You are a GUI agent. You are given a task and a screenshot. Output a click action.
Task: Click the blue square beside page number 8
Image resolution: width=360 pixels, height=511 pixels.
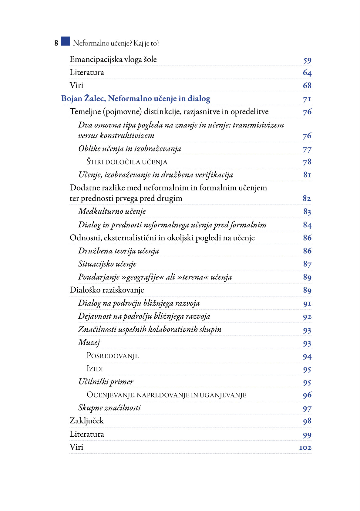click(65, 41)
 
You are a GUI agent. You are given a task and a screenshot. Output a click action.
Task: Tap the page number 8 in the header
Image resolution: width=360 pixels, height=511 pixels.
click(56, 43)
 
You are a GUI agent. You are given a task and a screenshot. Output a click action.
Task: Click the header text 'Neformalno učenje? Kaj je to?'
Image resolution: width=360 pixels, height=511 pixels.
click(116, 43)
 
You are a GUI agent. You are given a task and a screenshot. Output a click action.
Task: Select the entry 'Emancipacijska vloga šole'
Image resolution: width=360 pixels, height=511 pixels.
click(113, 59)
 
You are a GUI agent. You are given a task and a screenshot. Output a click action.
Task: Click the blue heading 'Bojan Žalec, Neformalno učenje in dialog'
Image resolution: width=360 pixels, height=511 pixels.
click(136, 99)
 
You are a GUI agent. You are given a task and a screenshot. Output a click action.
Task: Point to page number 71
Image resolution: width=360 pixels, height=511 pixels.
click(307, 99)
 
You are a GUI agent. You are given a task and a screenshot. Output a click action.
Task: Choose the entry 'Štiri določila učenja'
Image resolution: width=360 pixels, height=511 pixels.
click(127, 162)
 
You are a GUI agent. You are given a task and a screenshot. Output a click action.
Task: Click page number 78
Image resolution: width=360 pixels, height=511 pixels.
click(307, 162)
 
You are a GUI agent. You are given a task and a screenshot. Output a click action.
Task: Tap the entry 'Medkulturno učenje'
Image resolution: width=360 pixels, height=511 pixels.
click(112, 211)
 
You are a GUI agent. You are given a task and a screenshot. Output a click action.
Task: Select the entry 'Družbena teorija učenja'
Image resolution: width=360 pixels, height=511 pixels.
click(118, 251)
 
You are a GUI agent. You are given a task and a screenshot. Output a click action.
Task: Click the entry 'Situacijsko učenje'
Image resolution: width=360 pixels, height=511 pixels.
click(107, 264)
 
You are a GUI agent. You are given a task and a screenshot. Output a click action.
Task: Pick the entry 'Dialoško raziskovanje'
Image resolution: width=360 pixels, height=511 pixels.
click(107, 290)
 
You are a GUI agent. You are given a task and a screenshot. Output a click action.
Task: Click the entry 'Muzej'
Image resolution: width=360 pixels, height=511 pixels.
click(89, 343)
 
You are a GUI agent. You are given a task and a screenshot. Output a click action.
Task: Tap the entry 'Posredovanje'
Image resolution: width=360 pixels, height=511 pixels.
click(113, 356)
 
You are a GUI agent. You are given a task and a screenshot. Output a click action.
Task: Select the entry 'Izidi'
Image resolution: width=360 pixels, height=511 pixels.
click(95, 369)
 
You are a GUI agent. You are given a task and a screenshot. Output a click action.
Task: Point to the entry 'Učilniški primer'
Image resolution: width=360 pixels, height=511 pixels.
click(106, 382)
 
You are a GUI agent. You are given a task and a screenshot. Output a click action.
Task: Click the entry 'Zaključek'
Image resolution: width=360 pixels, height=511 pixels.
click(87, 421)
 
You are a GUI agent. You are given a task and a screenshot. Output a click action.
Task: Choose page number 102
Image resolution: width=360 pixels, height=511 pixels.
click(305, 448)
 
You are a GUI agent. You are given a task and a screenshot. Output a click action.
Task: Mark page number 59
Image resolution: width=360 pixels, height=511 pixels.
click(307, 60)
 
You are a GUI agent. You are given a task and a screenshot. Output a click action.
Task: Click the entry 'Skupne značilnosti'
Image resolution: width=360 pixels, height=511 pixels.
click(109, 408)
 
